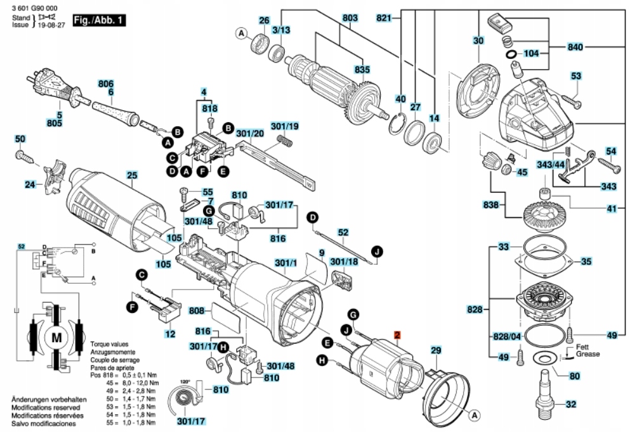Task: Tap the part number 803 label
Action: click(349, 19)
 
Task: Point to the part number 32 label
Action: click(571, 404)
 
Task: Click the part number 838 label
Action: click(492, 205)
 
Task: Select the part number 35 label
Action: click(586, 261)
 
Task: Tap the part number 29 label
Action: click(436, 351)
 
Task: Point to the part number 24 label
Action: click(30, 186)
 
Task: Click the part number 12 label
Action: click(170, 333)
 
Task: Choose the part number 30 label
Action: click(478, 41)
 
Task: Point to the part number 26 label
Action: click(264, 20)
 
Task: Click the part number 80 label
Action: click(575, 376)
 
